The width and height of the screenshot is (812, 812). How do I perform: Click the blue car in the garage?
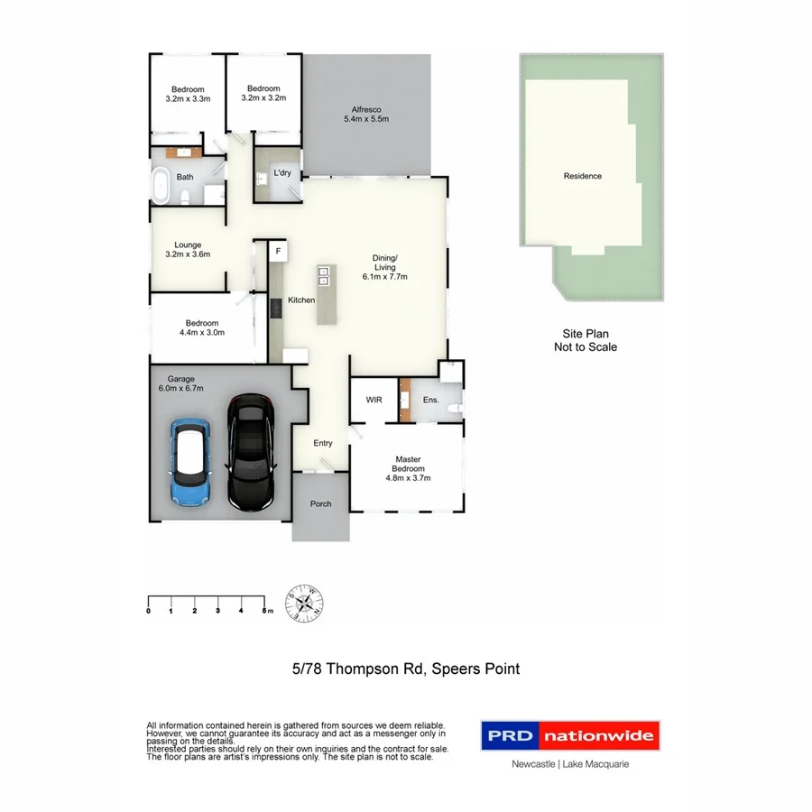click(189, 461)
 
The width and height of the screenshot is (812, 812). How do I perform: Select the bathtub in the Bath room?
click(161, 185)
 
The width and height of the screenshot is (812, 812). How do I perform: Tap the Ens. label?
click(430, 399)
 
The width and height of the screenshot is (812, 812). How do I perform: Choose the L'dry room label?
click(281, 172)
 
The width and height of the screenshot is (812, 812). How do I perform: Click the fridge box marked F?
click(278, 250)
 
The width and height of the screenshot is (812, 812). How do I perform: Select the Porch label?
click(319, 504)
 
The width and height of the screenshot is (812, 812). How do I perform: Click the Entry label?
click(323, 443)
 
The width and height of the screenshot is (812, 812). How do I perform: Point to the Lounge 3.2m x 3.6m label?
click(188, 250)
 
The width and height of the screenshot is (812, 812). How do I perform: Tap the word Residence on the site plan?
click(582, 176)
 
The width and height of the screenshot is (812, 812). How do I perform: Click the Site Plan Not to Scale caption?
click(585, 340)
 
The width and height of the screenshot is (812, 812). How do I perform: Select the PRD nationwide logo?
click(569, 735)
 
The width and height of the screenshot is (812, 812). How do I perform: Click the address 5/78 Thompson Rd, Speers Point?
click(406, 669)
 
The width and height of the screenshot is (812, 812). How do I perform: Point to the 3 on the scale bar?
click(217, 612)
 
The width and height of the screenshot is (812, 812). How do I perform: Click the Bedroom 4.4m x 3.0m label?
click(202, 328)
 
